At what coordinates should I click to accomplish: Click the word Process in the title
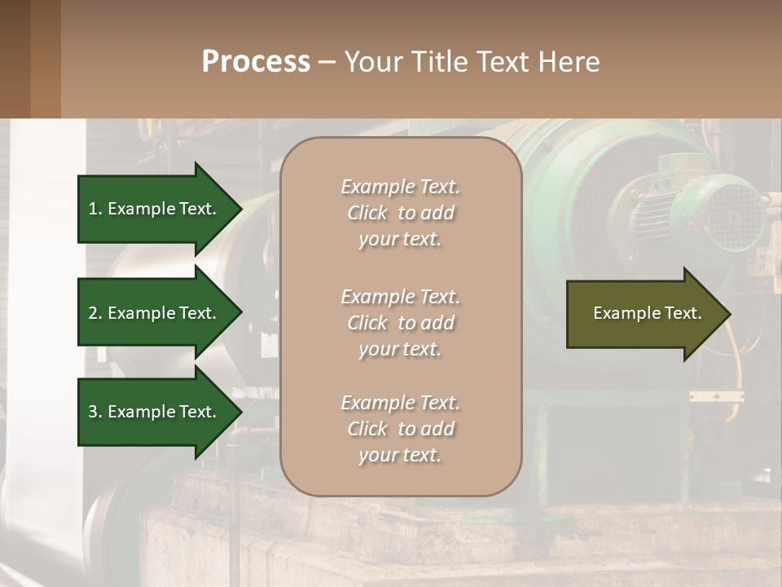coord(256,62)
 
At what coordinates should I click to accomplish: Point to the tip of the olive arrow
coord(729,314)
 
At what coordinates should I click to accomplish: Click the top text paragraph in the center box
coord(400,213)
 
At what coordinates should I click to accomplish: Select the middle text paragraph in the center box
coord(400,323)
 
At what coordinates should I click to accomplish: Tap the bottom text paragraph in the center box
coord(400,429)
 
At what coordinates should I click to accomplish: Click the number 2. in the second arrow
coord(95,313)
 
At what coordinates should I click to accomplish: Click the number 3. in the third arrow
coord(95,412)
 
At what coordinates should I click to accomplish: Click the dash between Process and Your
coord(327,62)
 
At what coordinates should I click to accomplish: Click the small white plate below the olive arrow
coord(716,396)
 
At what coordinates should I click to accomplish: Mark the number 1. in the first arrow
coord(95,209)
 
